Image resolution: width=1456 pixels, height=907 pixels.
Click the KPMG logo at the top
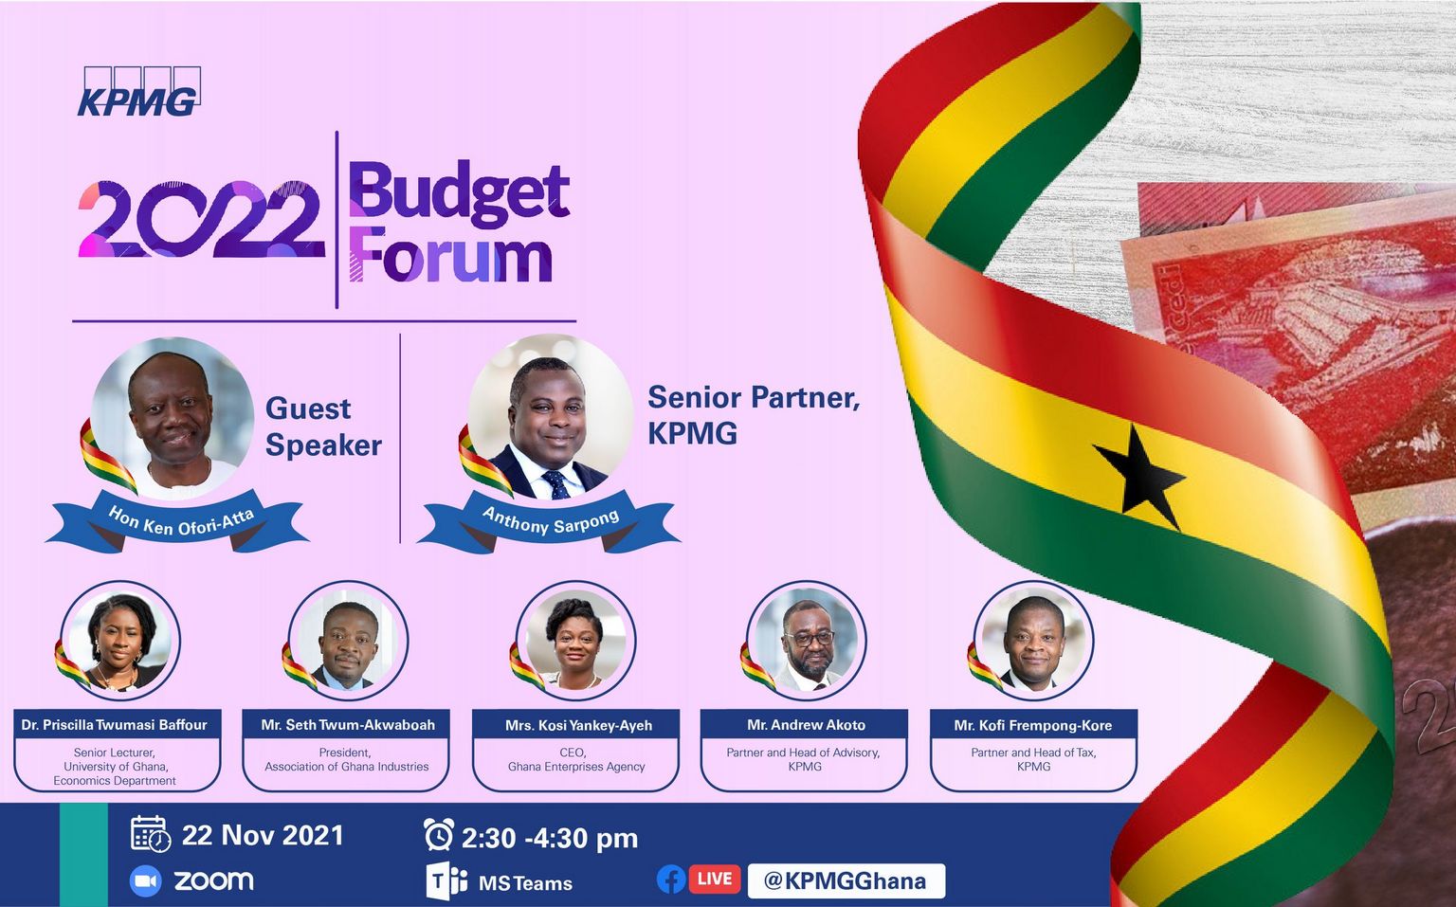(139, 92)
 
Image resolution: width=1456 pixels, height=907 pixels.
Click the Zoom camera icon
(146, 881)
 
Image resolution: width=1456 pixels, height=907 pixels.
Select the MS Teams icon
(446, 881)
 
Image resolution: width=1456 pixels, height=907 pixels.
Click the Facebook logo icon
(671, 880)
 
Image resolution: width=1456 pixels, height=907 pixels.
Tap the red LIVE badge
(715, 880)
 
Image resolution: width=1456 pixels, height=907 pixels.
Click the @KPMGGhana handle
(846, 881)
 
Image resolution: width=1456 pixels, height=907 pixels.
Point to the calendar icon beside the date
(151, 834)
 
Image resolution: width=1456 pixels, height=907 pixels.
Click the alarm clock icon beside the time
(439, 834)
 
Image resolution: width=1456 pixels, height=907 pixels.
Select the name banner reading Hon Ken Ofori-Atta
(177, 521)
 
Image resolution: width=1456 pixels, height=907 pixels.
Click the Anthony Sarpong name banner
(549, 521)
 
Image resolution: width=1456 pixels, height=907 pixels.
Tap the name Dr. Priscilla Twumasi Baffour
(115, 724)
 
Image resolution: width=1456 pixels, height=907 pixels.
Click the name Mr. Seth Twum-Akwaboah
(348, 724)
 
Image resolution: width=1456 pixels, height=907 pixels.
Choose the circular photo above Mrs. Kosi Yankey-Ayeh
(575, 641)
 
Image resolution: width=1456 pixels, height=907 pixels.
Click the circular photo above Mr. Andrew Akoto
(806, 641)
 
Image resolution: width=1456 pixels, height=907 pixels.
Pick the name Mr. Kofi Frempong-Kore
(1033, 725)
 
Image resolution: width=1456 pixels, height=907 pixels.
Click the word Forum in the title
(451, 254)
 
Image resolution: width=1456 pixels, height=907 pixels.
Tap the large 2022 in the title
(202, 219)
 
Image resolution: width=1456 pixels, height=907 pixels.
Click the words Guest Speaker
(323, 426)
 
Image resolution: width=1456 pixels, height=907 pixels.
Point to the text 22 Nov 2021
(263, 836)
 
